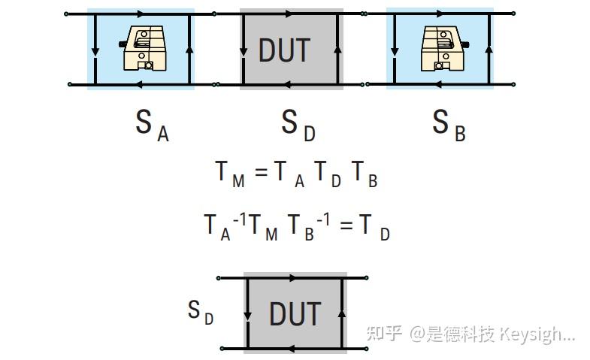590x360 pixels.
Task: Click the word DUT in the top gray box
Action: [284, 50]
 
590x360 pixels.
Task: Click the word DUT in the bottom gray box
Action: [295, 313]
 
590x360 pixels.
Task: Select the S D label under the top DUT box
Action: [298, 125]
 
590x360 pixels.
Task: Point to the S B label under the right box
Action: [449, 125]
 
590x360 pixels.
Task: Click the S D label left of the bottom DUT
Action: [200, 311]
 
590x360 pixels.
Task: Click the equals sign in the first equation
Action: [261, 174]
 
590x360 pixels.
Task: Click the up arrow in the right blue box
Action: [489, 47]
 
